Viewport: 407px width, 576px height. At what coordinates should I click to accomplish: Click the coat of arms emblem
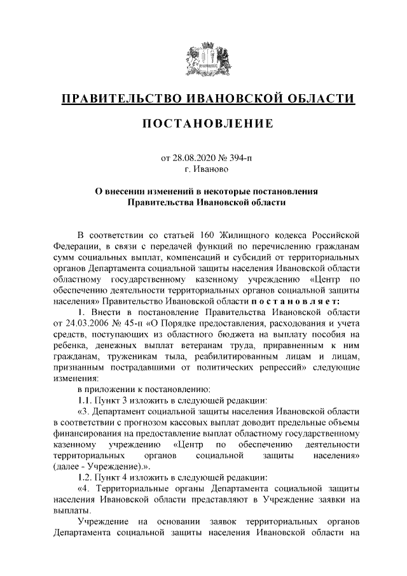203,60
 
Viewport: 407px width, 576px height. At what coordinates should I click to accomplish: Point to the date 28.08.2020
192,157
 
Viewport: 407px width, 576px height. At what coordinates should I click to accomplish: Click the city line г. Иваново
203,169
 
